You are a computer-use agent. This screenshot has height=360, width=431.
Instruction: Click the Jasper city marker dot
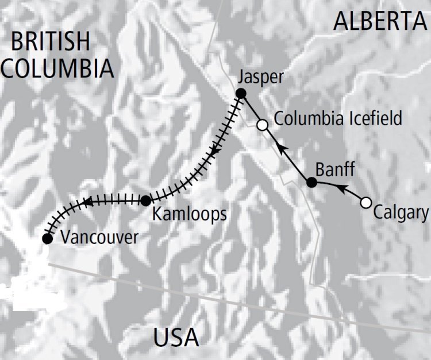pyautogui.click(x=241, y=94)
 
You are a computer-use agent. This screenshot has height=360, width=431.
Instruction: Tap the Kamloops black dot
pyautogui.click(x=146, y=200)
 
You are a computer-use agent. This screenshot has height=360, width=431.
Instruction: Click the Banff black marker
pyautogui.click(x=311, y=183)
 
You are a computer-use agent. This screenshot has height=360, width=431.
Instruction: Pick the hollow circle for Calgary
pyautogui.click(x=365, y=202)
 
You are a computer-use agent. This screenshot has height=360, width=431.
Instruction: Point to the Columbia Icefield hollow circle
pyautogui.click(x=263, y=125)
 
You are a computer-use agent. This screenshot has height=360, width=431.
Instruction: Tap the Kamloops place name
pyautogui.click(x=190, y=215)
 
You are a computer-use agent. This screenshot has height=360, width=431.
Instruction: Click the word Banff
pyautogui.click(x=335, y=170)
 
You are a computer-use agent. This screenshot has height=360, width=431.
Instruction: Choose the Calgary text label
pyautogui.click(x=401, y=213)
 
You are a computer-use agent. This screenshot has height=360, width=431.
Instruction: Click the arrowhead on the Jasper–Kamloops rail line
pyautogui.click(x=214, y=152)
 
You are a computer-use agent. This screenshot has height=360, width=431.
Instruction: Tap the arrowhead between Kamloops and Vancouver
pyautogui.click(x=88, y=202)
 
